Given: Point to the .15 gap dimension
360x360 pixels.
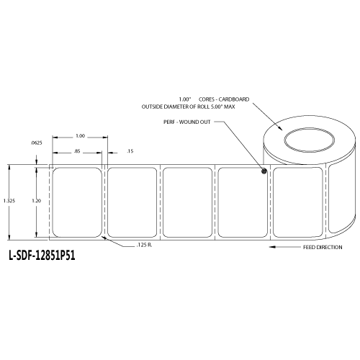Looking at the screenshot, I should [130, 151].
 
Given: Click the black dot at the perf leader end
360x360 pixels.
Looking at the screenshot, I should [264, 171].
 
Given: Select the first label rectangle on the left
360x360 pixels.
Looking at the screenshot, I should [78, 202].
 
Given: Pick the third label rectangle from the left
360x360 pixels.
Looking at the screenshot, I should [187, 202].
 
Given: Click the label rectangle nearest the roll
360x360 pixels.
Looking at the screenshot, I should [298, 202].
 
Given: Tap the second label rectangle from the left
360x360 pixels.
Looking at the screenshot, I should [133, 202].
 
